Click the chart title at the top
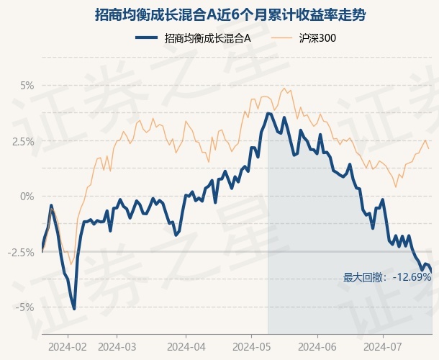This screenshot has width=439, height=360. click(230, 14)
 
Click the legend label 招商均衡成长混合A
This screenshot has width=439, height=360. click(207, 38)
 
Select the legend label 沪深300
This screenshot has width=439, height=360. click(317, 38)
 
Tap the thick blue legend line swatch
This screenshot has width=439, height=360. click(146, 38)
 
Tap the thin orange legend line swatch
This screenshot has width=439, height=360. click(281, 38)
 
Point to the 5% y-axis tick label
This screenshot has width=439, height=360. click(27, 86)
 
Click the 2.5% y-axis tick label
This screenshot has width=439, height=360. click(23, 141)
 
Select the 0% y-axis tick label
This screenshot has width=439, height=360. click(27, 197)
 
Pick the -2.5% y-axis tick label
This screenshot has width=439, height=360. click(21, 252)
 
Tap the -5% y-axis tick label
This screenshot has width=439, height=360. click(25, 307)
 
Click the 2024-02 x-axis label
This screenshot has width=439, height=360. click(68, 347)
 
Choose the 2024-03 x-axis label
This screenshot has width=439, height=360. click(117, 347)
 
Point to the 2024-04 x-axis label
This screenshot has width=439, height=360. click(186, 347)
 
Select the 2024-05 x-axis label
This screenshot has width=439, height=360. click(252, 347)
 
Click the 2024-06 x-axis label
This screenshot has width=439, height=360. click(317, 347)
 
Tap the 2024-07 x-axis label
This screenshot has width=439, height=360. click(383, 347)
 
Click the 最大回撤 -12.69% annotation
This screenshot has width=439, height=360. click(387, 277)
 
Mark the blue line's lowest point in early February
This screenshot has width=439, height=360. click(74, 309)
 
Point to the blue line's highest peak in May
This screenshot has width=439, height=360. click(268, 113)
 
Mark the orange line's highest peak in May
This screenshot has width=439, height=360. click(284, 89)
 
